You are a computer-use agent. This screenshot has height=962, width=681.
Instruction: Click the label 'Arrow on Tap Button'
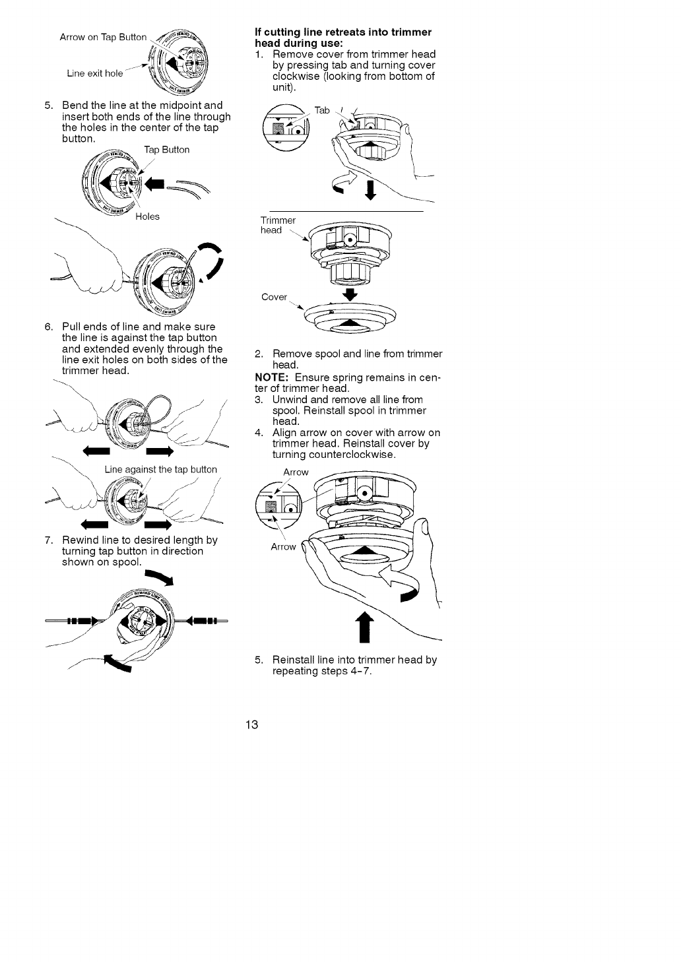coord(103,37)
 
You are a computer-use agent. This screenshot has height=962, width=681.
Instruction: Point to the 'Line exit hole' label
coord(95,73)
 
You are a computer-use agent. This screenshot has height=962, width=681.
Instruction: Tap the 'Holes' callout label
coord(148,216)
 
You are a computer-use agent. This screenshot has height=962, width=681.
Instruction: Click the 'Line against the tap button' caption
coord(160,469)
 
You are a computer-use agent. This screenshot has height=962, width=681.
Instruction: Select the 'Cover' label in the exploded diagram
coord(274,297)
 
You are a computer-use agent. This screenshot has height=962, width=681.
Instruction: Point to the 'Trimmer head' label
coord(271,225)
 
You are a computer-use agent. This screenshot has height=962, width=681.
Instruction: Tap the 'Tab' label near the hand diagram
coord(321,110)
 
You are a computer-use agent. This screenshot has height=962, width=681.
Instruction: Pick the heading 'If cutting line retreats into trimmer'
coord(343,32)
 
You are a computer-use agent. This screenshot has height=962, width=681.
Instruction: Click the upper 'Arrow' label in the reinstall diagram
coord(296,472)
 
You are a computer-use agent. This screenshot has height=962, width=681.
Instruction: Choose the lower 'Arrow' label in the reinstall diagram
coord(284,546)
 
